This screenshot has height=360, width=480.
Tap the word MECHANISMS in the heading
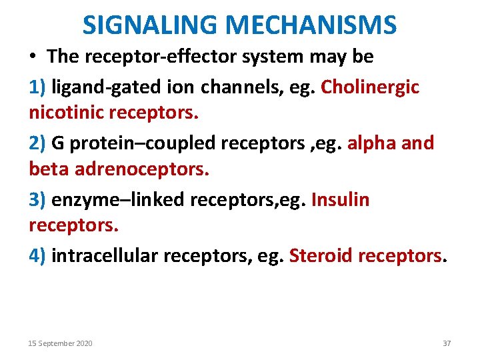coord(311,25)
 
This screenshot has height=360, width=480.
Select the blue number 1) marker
coord(37,87)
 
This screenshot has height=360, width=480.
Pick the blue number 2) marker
coord(37,143)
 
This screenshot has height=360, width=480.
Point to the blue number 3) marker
coord(37,199)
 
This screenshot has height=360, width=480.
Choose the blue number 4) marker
coord(37,255)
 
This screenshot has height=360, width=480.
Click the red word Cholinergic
coord(370,87)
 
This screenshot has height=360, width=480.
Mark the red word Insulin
coord(340,199)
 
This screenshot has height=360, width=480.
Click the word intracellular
coord(103,255)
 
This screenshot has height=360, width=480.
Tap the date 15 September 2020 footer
coord(60,343)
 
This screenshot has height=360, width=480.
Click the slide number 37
coord(447,343)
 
